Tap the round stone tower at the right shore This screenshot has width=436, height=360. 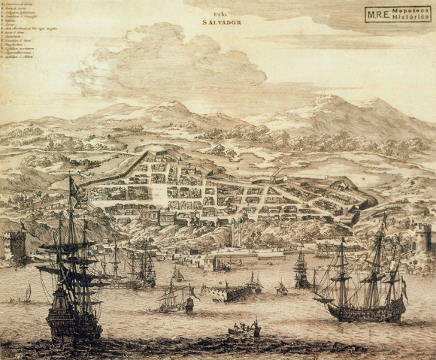[x=422, y=239]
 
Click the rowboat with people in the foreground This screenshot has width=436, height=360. [x=245, y=329]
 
